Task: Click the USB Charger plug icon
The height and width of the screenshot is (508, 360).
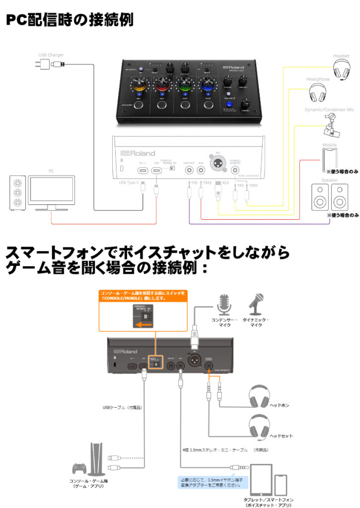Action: click(42, 64)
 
